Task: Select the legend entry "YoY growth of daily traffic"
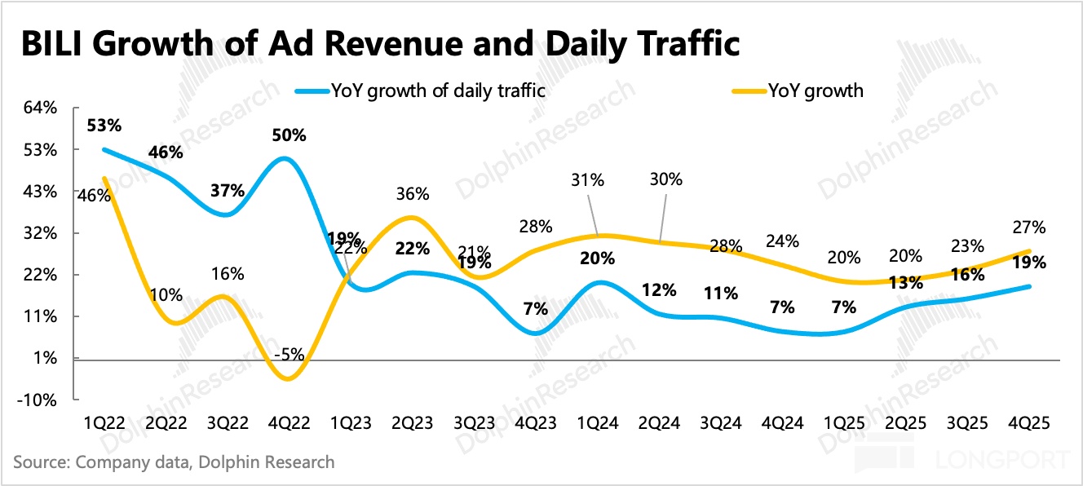tap(437, 91)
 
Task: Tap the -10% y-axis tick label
tap(38, 400)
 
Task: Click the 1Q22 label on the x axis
tap(104, 423)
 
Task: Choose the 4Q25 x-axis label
tap(1029, 423)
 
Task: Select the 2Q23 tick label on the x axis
tap(413, 423)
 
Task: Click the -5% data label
tap(289, 354)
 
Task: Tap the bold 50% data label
tap(289, 135)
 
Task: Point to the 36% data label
tap(413, 194)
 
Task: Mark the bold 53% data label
tap(104, 126)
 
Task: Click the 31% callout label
tap(587, 180)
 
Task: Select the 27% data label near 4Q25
tap(1030, 228)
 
